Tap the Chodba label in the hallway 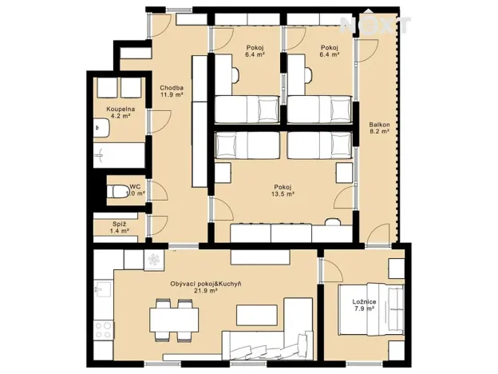tap(172, 88)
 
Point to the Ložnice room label tap(364, 301)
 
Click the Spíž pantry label tap(120, 224)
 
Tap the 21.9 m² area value tap(206, 291)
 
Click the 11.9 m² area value tap(172, 95)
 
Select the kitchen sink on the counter tap(101, 285)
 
